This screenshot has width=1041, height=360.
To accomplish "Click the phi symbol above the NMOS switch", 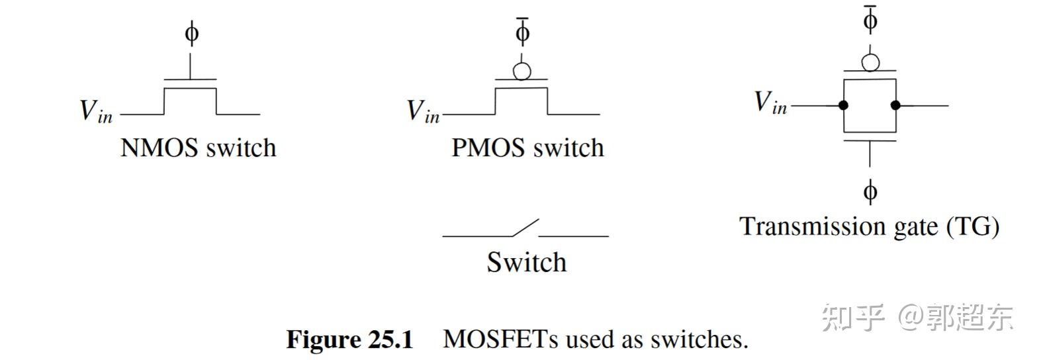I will [x=191, y=32].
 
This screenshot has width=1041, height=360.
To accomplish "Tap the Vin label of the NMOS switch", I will [x=96, y=111].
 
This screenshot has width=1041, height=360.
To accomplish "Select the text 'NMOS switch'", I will [x=198, y=147].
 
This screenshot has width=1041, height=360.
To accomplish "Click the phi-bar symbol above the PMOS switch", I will [x=522, y=30].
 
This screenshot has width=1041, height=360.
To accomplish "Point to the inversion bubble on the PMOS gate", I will [x=522, y=71].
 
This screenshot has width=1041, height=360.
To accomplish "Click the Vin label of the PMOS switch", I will [x=423, y=111].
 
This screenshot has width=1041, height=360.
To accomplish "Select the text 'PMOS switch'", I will [x=527, y=147].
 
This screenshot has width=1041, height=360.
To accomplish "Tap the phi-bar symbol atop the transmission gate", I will [x=870, y=19].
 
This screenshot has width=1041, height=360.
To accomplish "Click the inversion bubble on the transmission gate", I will [x=870, y=62].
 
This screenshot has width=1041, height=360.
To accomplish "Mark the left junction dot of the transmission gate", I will [x=844, y=105].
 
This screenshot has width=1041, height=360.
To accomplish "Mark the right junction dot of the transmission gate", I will [x=895, y=105].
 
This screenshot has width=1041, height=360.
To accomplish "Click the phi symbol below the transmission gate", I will [x=870, y=192].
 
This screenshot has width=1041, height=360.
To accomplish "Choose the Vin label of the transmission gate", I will [x=770, y=103].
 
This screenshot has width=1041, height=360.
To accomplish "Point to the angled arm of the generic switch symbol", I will [x=526, y=227].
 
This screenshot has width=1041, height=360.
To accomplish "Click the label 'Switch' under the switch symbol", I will [x=527, y=262].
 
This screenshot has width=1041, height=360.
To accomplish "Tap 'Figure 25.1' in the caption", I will [x=349, y=339].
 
